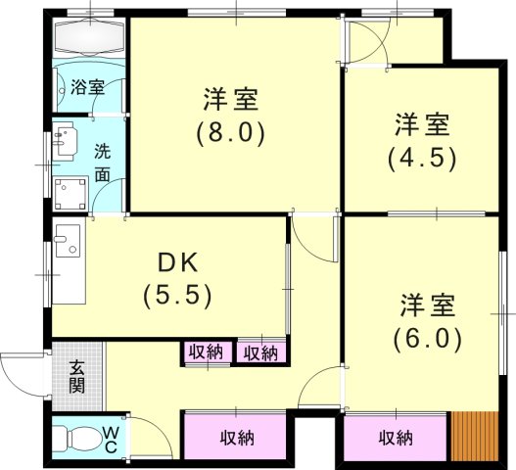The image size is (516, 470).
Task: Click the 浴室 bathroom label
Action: pyautogui.click(x=88, y=87)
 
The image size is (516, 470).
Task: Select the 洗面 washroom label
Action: pyautogui.click(x=103, y=164)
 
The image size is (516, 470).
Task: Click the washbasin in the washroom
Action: pyautogui.click(x=65, y=143)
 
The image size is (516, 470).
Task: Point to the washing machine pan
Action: pyautogui.click(x=70, y=195)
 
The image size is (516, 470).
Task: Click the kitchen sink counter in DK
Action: pyautogui.click(x=69, y=263)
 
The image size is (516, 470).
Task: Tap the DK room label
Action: pyautogui.click(x=177, y=261)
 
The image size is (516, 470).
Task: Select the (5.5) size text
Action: pyautogui.click(x=177, y=294)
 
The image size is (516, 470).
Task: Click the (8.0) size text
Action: pyautogui.click(x=231, y=131)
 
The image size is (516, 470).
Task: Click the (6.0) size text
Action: pyautogui.click(x=427, y=338)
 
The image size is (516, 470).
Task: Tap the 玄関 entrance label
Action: pyautogui.click(x=76, y=376)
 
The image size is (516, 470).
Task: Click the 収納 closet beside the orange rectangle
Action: pyautogui.click(x=397, y=438)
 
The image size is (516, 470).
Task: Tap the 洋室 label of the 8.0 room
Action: pyautogui.click(x=231, y=99)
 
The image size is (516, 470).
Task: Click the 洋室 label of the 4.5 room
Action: pyautogui.click(x=422, y=124)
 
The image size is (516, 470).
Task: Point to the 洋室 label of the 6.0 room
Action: pyautogui.click(x=427, y=305)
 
